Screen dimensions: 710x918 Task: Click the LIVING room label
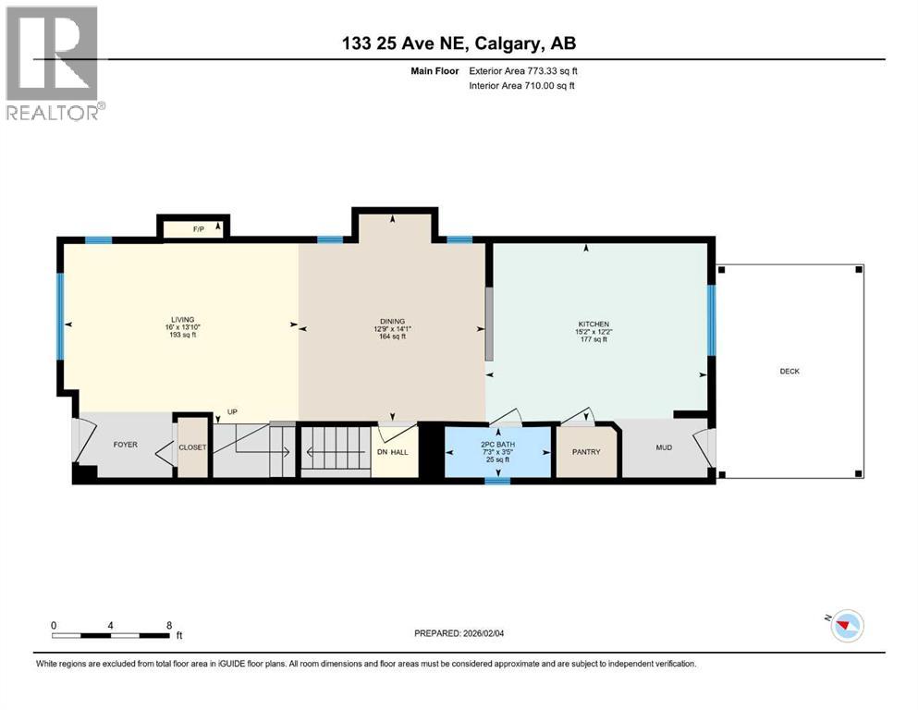(x=181, y=320)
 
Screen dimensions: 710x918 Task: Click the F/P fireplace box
(x=196, y=227)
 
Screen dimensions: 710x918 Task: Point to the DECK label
(x=789, y=372)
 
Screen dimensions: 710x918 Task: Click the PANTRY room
(x=586, y=452)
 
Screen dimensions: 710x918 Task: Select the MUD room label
(x=664, y=447)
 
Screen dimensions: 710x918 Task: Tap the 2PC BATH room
(x=497, y=451)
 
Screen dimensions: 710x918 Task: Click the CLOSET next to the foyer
(x=193, y=447)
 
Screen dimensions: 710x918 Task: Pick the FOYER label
(x=125, y=445)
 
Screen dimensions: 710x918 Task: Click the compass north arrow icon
(x=845, y=626)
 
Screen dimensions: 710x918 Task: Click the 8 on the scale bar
(x=168, y=625)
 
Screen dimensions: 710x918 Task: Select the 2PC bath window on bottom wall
(x=497, y=481)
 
